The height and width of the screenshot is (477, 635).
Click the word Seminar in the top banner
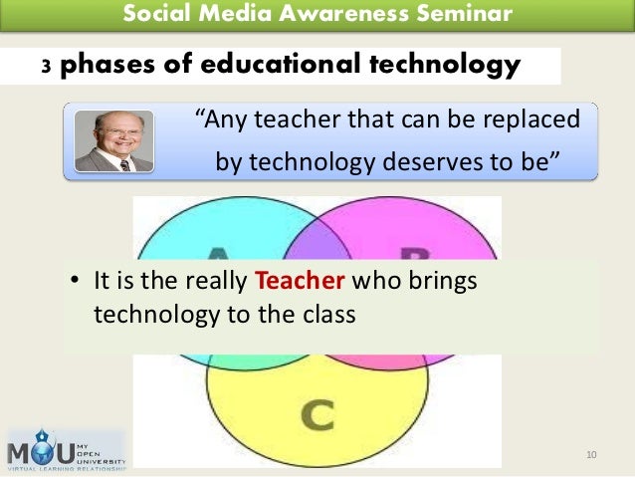pos(466,14)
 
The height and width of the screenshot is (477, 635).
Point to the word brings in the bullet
pos(443,282)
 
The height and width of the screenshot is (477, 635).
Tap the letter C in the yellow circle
pos(317,413)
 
